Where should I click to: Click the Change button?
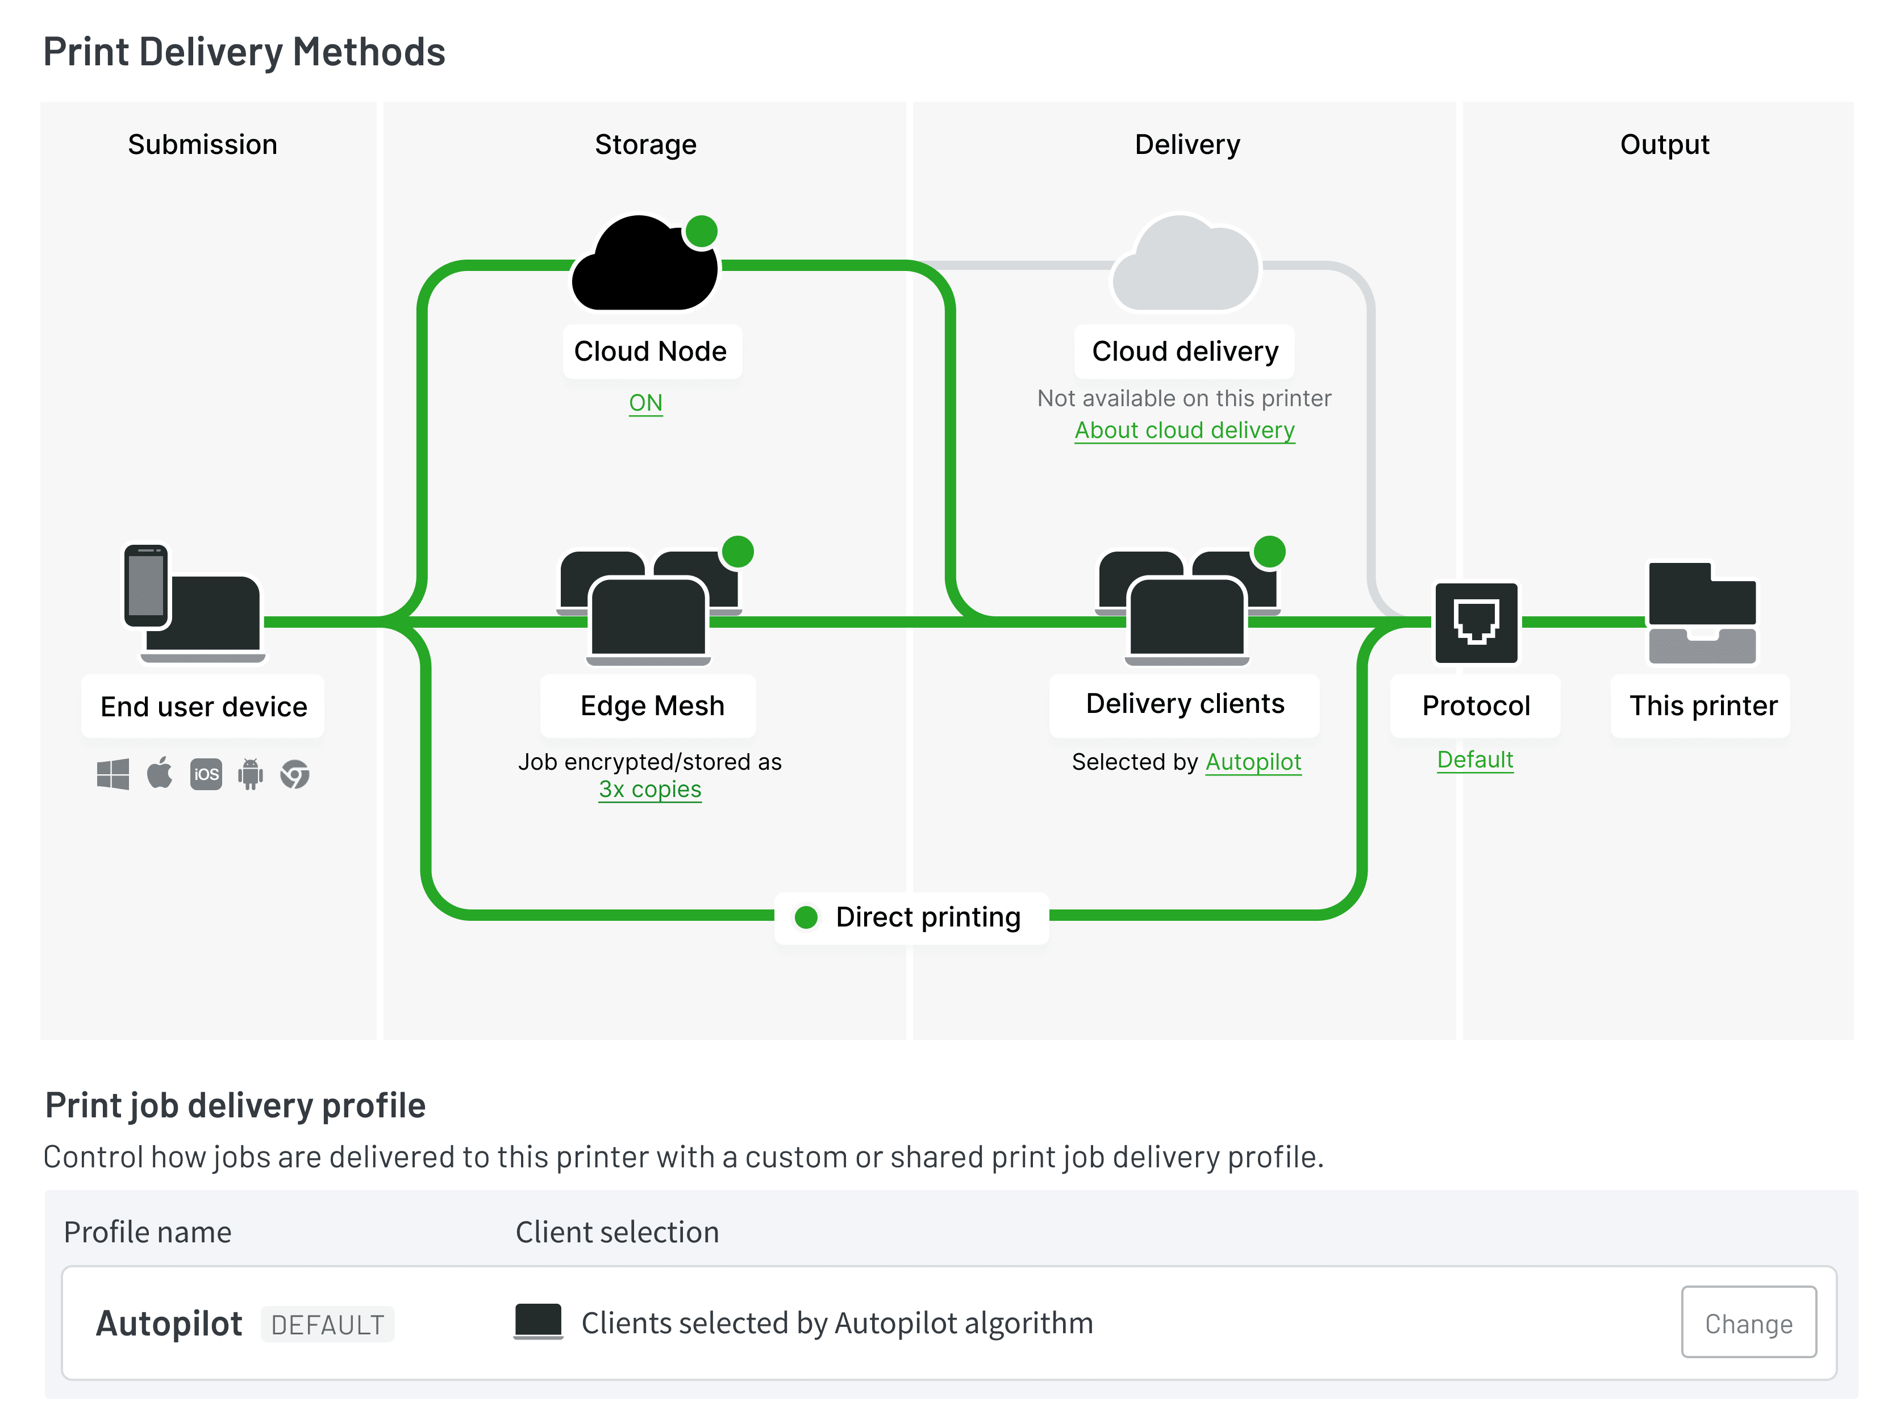(1748, 1322)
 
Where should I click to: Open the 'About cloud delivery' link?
(1185, 430)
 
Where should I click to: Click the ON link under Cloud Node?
(646, 403)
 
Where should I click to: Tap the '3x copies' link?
(650, 790)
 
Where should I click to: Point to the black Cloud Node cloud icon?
(645, 264)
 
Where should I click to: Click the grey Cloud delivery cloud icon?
(1186, 264)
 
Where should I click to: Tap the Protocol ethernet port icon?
(1476, 623)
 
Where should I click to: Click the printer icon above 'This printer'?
(1702, 612)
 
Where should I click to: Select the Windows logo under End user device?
(113, 774)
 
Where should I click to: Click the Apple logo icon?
(159, 773)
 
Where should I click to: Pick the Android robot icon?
(251, 774)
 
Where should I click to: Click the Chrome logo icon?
(295, 774)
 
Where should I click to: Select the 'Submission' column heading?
(203, 144)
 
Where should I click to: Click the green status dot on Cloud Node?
(701, 231)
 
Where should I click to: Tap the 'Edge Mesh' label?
(652, 706)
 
